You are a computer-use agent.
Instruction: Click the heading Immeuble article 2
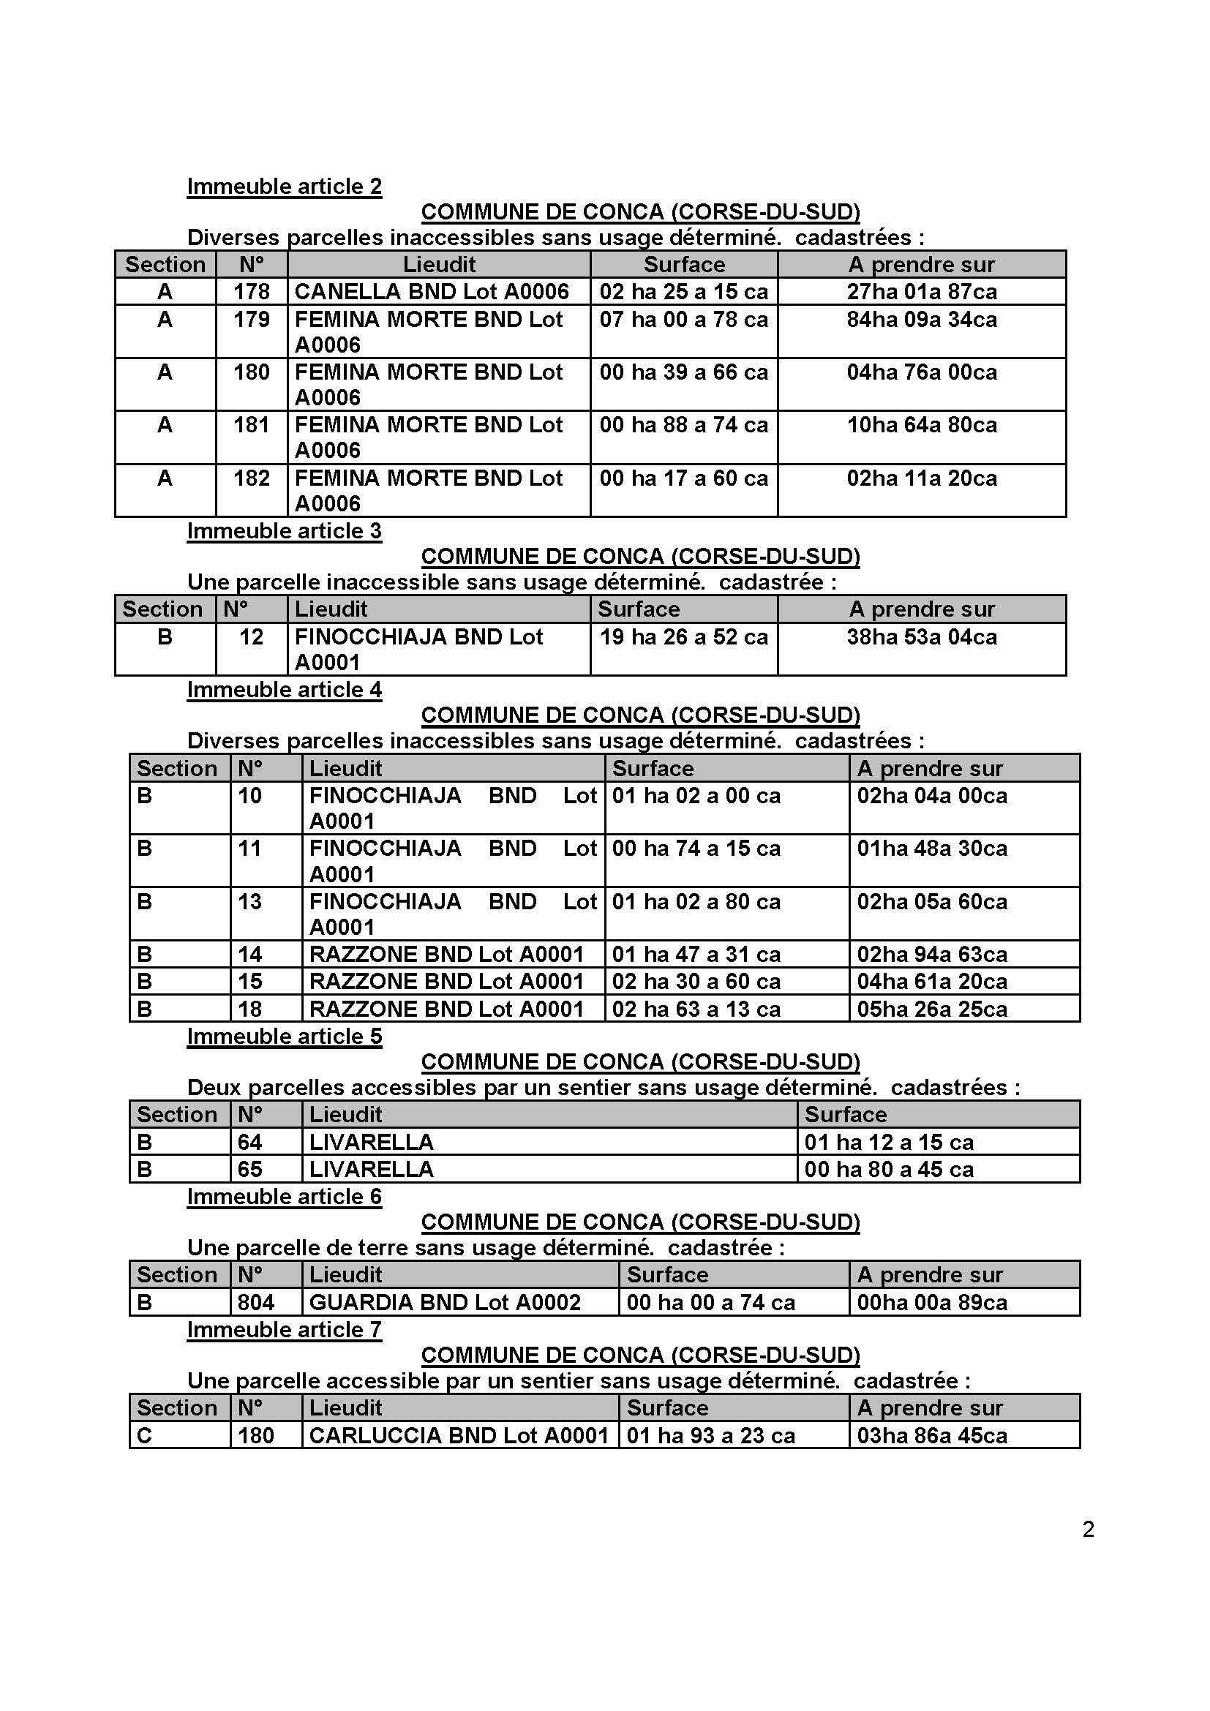(x=284, y=186)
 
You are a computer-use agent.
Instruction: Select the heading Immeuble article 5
(x=284, y=1036)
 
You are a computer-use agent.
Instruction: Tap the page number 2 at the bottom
(x=1088, y=1529)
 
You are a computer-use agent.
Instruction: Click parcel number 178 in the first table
(x=251, y=291)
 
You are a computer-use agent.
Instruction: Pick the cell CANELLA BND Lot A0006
(x=432, y=291)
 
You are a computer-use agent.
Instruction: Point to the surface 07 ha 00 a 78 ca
(x=683, y=320)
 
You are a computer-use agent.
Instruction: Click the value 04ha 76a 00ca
(x=922, y=372)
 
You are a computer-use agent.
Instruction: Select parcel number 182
(x=251, y=478)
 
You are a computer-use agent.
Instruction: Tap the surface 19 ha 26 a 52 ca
(x=683, y=636)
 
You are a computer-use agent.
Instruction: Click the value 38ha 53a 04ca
(x=922, y=636)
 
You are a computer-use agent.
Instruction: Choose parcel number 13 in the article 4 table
(x=249, y=901)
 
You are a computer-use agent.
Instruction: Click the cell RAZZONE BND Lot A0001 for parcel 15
(x=446, y=981)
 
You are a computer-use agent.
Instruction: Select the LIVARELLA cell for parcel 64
(x=371, y=1142)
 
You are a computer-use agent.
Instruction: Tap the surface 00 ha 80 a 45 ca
(x=888, y=1168)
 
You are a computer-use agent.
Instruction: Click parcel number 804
(x=255, y=1302)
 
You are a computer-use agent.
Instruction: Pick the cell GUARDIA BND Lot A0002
(x=444, y=1302)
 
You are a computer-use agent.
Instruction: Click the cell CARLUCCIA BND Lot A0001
(x=458, y=1435)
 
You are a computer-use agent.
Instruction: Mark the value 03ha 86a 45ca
(x=931, y=1435)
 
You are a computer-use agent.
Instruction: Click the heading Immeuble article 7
(x=284, y=1329)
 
